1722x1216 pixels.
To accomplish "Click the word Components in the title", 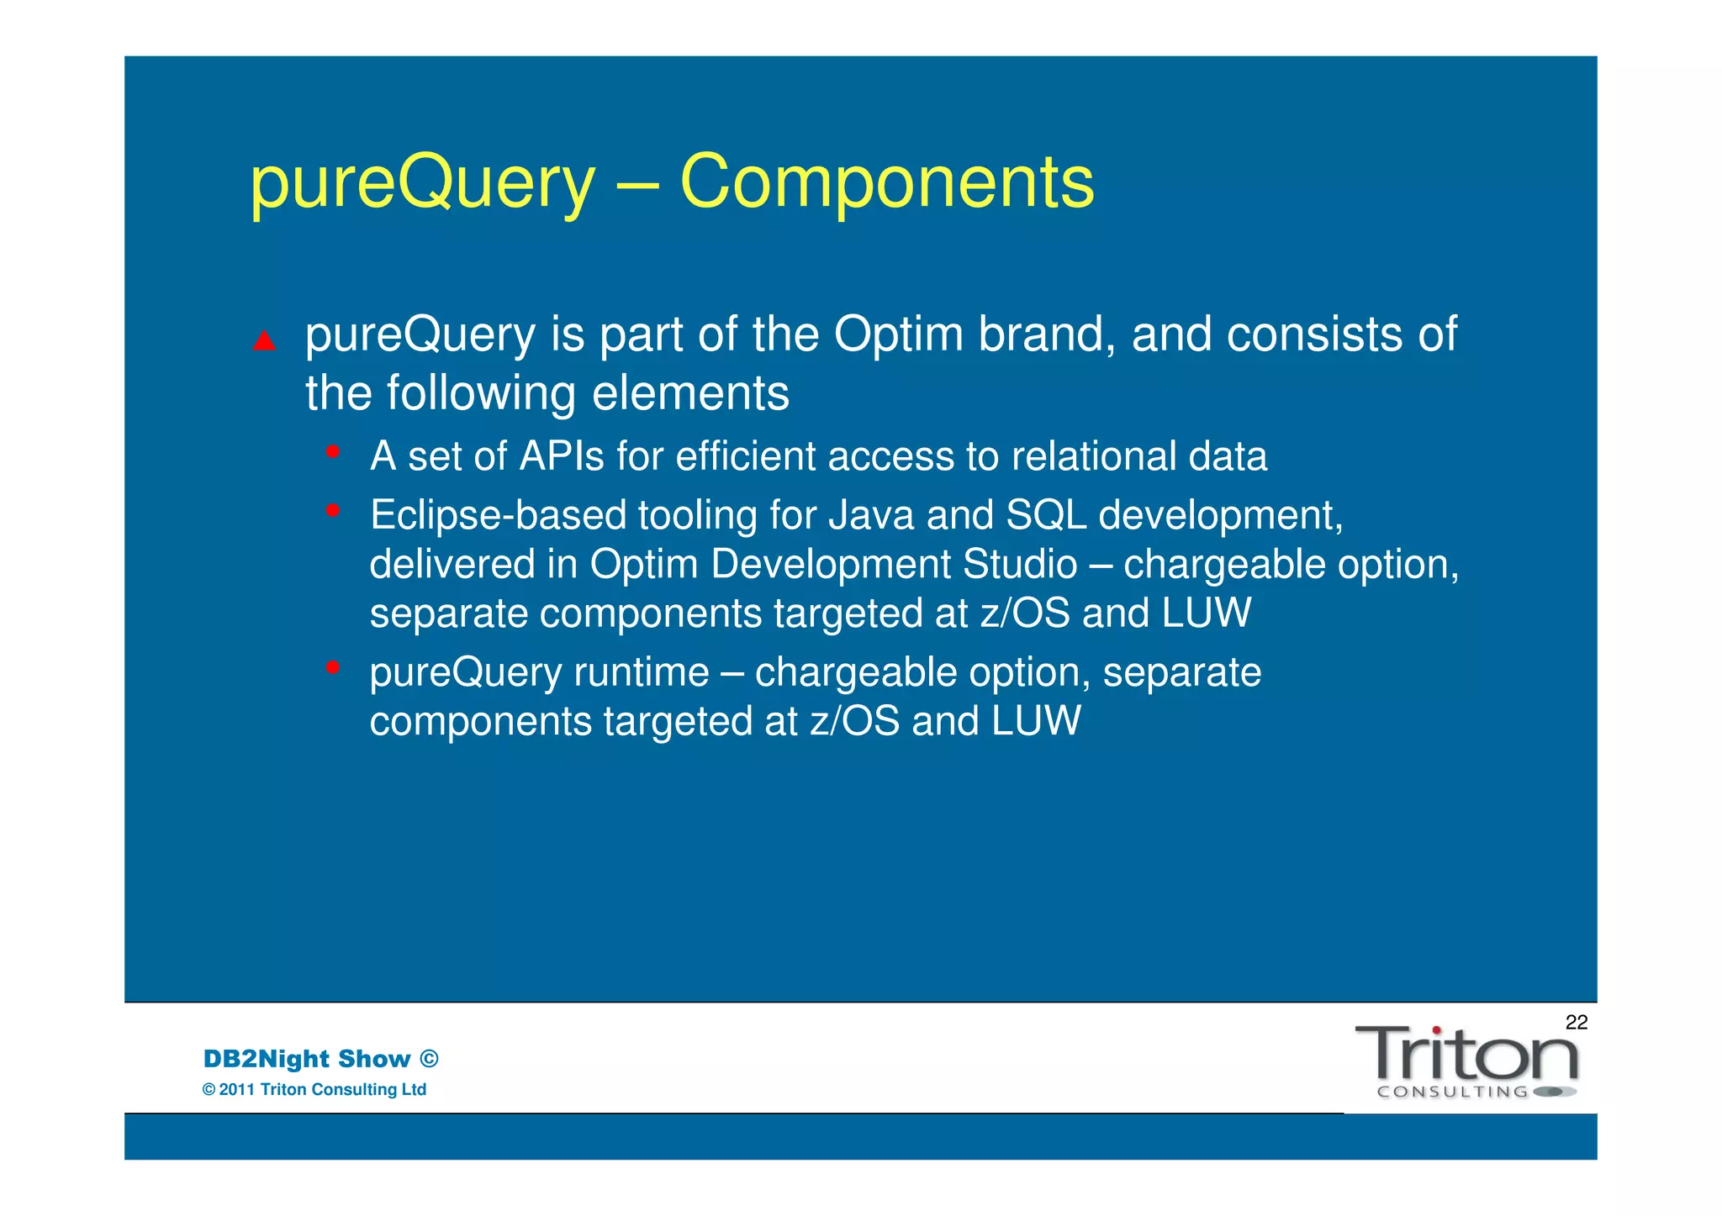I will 886,183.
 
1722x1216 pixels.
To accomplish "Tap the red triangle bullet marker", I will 264,340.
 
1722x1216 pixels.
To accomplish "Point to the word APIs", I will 562,457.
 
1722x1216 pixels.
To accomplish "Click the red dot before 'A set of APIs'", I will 333,452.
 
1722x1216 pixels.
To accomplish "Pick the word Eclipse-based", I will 499,515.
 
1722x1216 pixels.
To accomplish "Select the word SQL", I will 1046,515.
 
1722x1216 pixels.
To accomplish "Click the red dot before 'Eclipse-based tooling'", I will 333,510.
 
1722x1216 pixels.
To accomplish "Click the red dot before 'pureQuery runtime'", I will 333,667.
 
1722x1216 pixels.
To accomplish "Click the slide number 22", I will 1576,1023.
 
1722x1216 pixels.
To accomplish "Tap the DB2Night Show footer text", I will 320,1059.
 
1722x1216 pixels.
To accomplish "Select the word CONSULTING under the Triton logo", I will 1452,1092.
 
